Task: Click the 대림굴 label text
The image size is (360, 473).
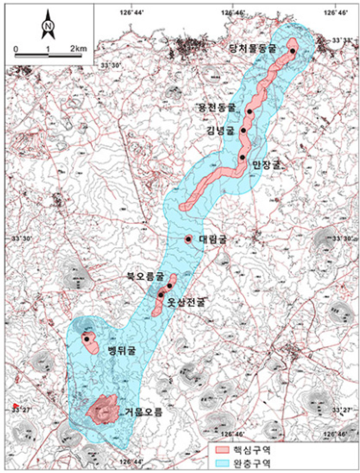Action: pos(212,239)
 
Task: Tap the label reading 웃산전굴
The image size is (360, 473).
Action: pos(185,301)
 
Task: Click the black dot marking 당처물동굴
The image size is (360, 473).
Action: pos(293,51)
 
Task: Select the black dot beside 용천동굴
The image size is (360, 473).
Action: pos(250,111)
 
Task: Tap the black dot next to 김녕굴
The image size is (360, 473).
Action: pos(243,130)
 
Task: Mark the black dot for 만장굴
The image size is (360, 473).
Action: pos(242,157)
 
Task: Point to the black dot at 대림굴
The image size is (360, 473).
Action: pos(188,239)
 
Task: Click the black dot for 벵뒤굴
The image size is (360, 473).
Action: pos(86,339)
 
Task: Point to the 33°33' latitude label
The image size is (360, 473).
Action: pos(342,40)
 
